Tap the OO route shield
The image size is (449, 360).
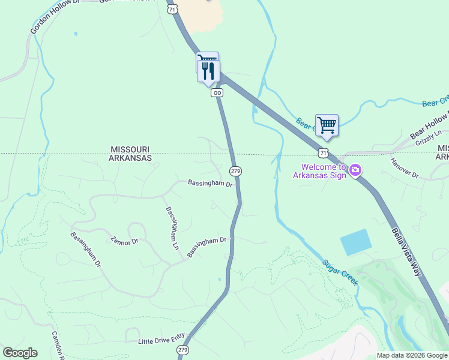click(217, 92)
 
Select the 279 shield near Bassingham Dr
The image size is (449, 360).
click(236, 171)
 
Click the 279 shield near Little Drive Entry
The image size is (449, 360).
click(184, 350)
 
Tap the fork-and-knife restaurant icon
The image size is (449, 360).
click(208, 71)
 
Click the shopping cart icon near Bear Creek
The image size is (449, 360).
click(327, 125)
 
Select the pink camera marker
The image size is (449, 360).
click(355, 171)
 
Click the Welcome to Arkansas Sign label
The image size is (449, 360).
click(319, 172)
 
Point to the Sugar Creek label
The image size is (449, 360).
click(340, 272)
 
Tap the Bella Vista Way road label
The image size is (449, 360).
click(409, 244)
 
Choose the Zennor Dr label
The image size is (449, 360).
click(124, 241)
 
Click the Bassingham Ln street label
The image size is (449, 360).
click(172, 228)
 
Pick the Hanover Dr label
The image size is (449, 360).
click(404, 167)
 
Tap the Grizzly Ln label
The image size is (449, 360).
click(429, 138)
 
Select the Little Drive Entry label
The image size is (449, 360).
click(162, 341)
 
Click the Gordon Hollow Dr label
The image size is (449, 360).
click(55, 17)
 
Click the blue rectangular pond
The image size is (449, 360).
click(355, 242)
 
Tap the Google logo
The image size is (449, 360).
click(20, 353)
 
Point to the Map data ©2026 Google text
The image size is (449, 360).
click(411, 355)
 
